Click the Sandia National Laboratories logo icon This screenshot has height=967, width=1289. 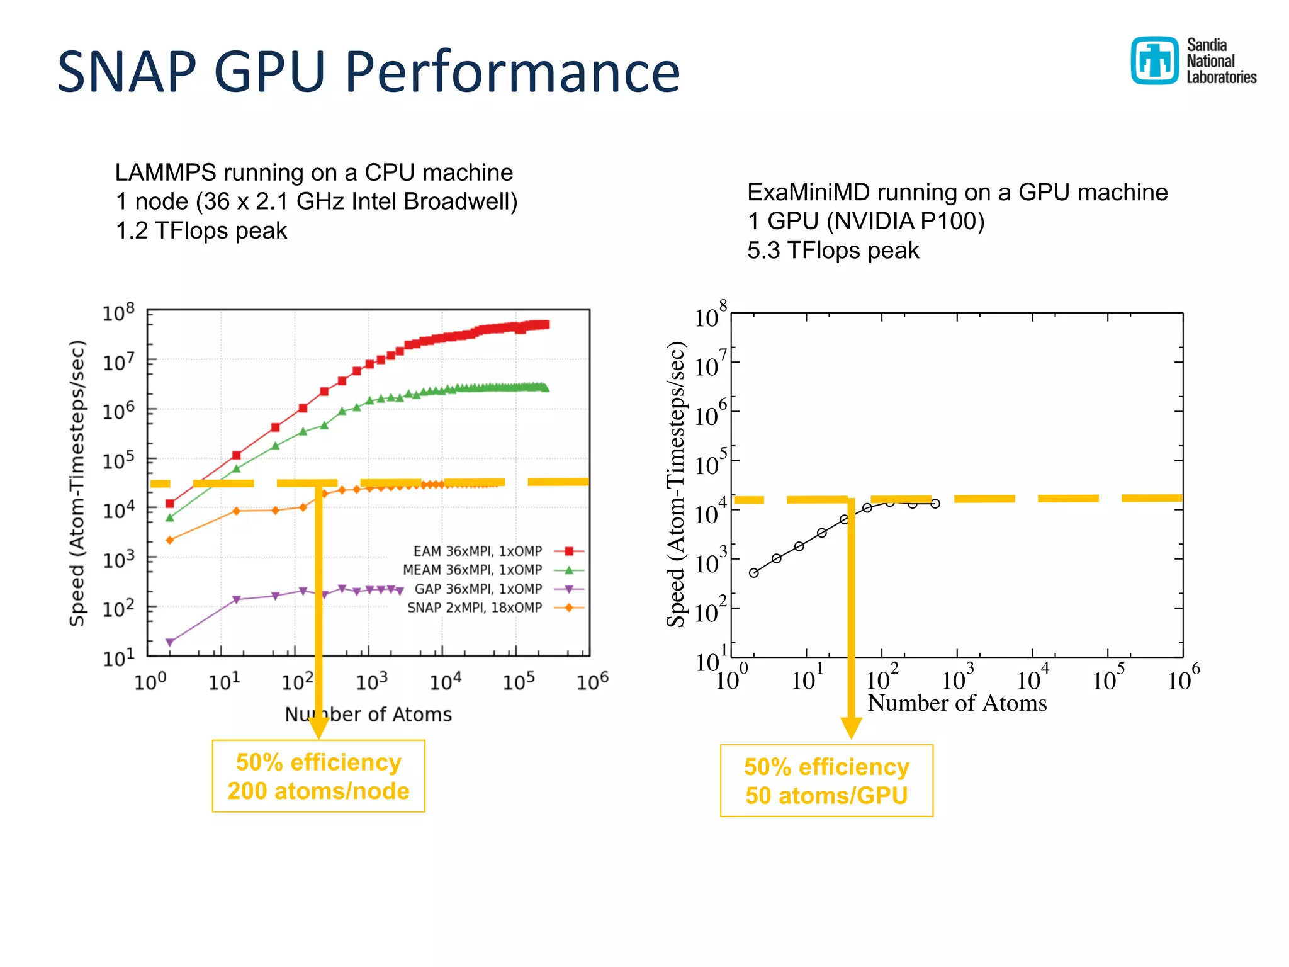1154,60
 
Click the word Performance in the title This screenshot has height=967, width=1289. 512,72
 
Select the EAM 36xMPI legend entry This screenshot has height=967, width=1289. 478,551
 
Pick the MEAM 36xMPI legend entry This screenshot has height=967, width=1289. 472,570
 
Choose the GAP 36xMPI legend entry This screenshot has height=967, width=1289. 478,589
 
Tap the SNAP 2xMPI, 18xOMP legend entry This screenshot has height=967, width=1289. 475,608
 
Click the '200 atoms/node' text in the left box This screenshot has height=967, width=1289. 318,791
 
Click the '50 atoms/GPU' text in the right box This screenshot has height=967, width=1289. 826,796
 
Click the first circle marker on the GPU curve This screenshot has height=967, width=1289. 753,573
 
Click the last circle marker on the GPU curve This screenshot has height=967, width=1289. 935,504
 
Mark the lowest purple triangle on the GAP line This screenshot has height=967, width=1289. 169,642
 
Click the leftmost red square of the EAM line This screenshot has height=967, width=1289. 169,504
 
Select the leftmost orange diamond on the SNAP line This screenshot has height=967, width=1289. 169,540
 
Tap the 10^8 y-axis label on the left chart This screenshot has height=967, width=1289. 118,312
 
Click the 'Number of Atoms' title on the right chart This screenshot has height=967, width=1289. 957,703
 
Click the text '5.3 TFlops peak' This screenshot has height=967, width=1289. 833,251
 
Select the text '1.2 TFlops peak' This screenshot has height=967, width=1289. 201,231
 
